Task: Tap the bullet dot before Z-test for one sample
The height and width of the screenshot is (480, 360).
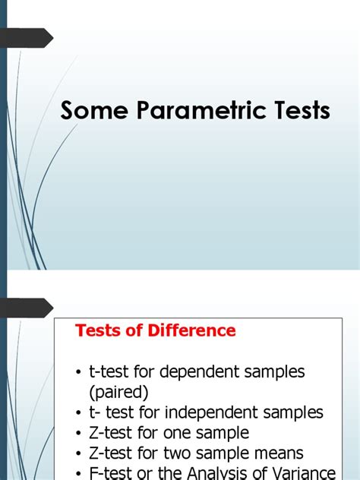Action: pos(80,434)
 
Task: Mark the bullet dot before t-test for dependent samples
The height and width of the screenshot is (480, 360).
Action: pos(80,373)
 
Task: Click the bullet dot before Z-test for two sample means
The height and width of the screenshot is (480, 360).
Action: pos(80,454)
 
